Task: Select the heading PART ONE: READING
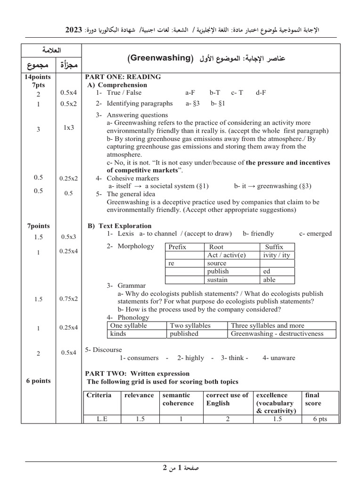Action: (x=123, y=77)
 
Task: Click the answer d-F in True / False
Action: (x=261, y=93)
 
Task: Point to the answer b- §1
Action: (x=218, y=103)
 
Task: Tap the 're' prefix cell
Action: (x=172, y=263)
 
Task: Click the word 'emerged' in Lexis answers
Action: (x=320, y=233)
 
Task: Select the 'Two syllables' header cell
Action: (x=190, y=325)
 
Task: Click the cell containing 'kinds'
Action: (x=118, y=334)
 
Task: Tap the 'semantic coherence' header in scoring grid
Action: (x=178, y=399)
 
